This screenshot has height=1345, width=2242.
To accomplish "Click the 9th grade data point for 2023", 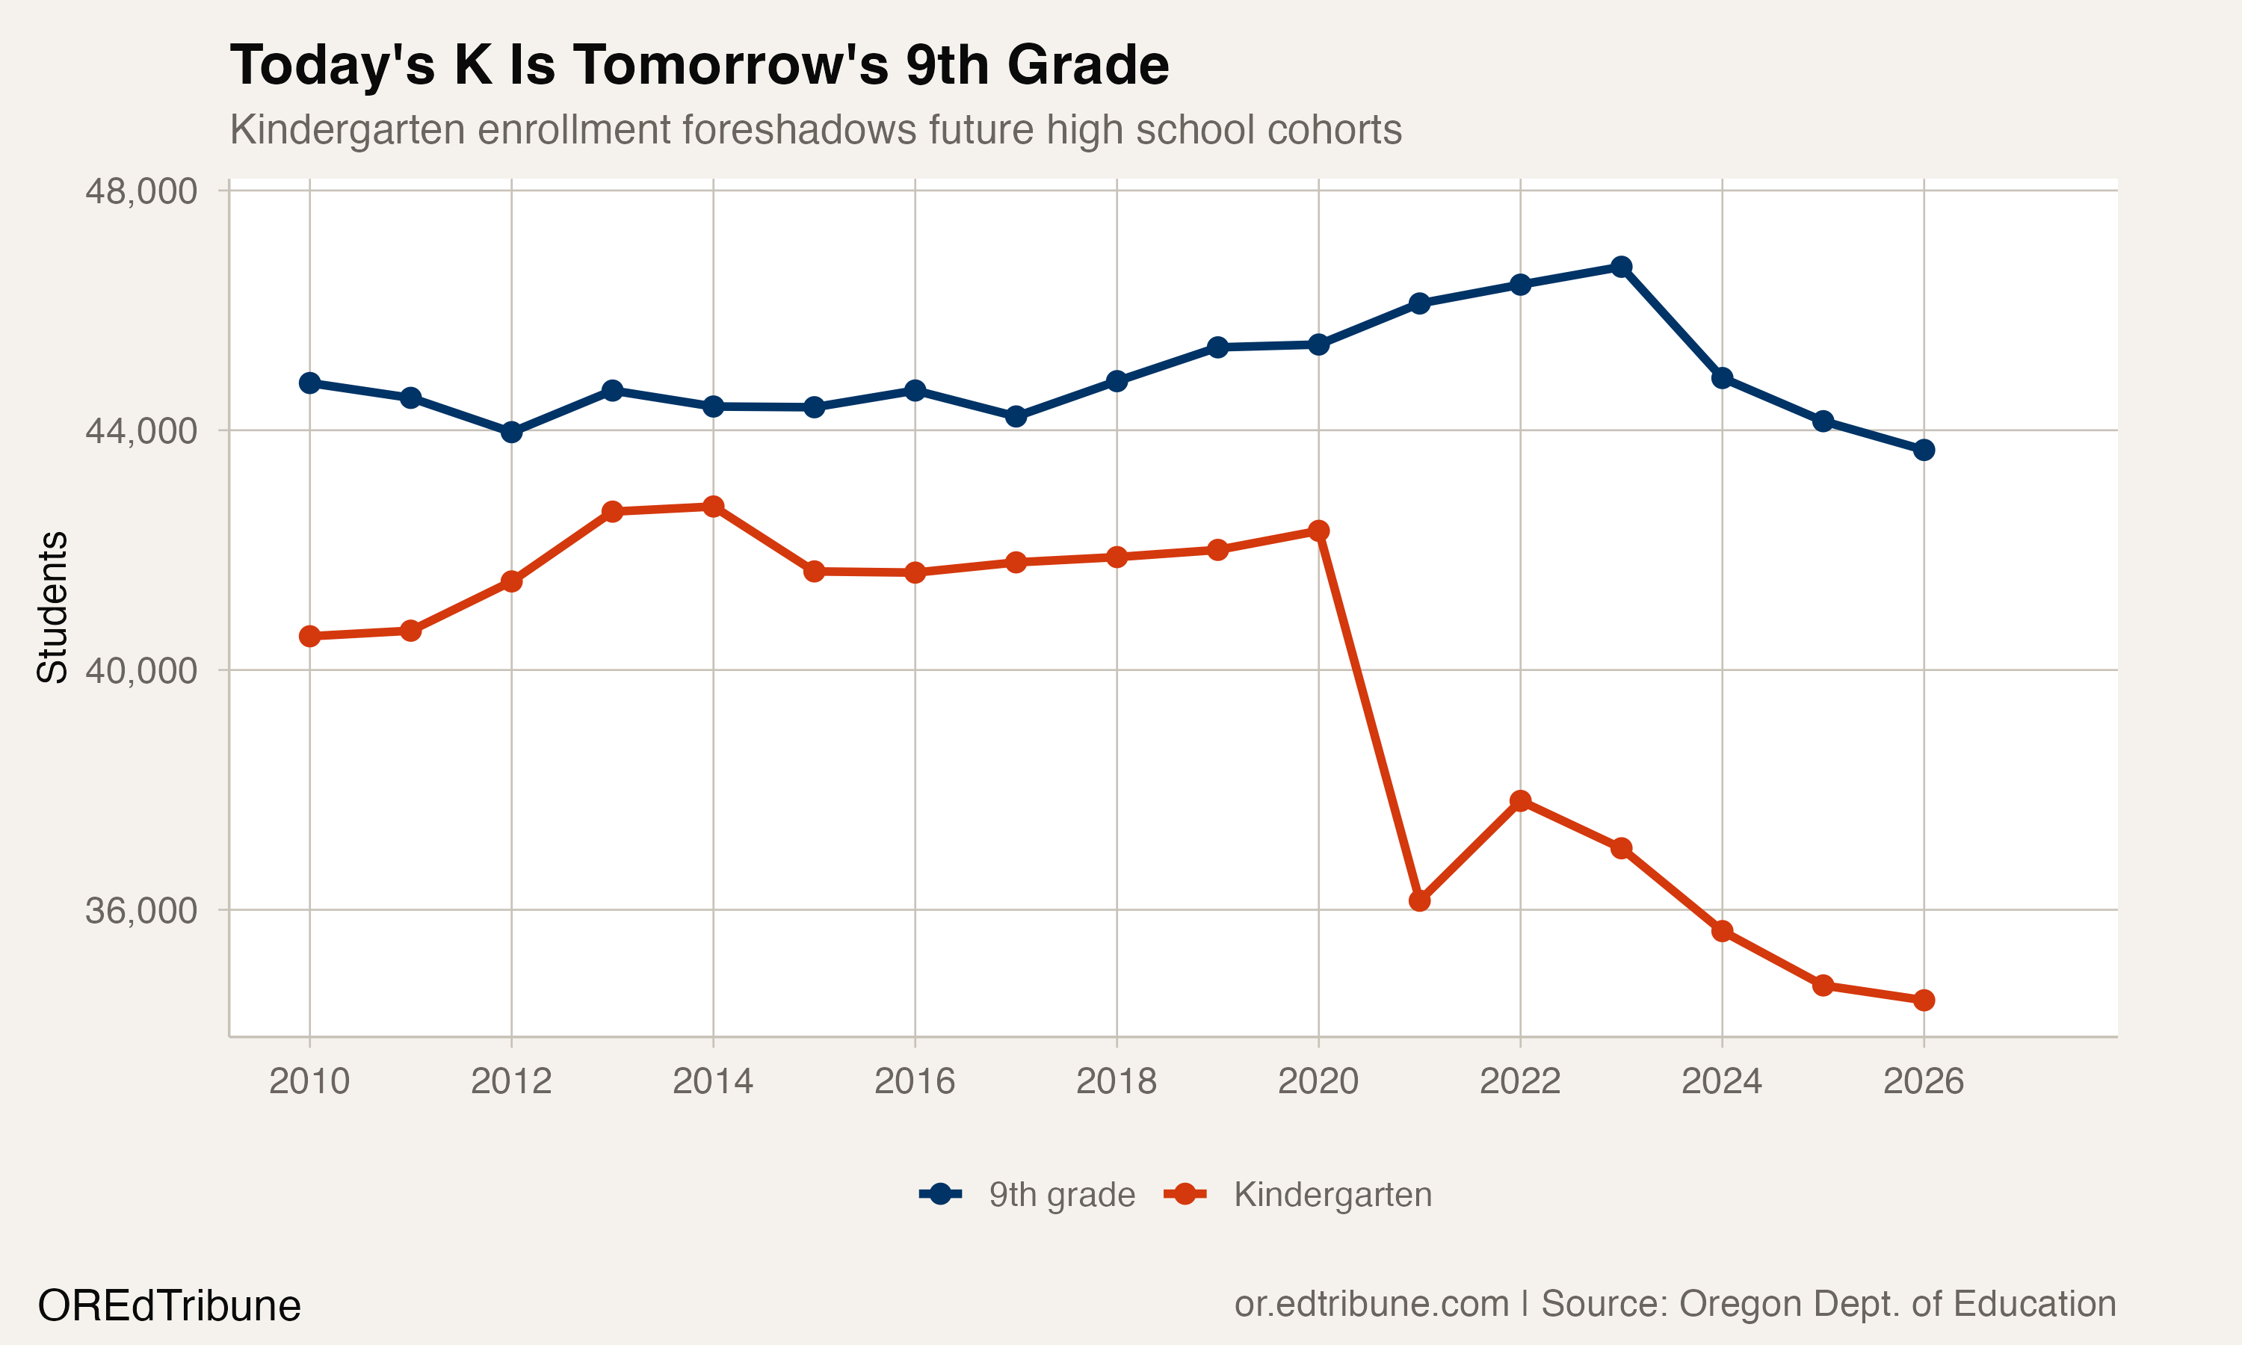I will click(1621, 267).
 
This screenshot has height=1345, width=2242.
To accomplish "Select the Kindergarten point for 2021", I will click(1419, 901).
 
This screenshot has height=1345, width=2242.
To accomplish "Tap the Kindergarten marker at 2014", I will click(713, 507).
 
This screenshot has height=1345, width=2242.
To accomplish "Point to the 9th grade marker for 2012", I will click(511, 433).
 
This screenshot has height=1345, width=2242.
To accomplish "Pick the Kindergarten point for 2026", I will click(1924, 1001).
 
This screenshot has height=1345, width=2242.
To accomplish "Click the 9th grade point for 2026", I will click(1924, 451).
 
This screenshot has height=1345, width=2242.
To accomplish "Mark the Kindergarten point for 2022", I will click(1521, 801).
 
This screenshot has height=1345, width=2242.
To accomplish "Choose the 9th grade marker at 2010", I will click(310, 383).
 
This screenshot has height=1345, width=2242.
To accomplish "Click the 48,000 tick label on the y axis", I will click(140, 191).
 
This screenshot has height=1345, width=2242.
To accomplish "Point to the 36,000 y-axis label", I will click(140, 911).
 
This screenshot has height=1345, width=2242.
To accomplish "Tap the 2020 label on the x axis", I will click(1318, 1081).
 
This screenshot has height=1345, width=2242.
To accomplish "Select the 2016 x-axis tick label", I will click(915, 1081).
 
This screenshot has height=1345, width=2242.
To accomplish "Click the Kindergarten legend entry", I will click(1332, 1195).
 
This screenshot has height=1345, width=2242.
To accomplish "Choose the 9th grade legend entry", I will click(1061, 1195).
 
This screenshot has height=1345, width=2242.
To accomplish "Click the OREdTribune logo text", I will click(170, 1306).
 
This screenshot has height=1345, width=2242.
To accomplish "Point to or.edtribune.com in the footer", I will click(1371, 1303).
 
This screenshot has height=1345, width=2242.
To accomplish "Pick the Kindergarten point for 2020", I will click(1318, 531).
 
